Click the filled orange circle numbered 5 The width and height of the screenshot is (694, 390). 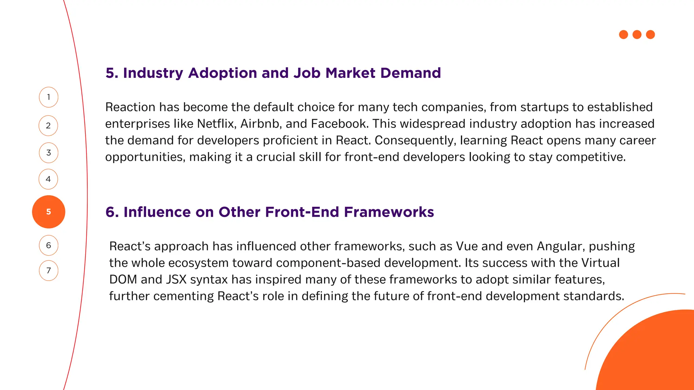(48, 212)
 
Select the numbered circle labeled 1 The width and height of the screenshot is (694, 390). (48, 97)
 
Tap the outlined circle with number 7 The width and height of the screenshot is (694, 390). (48, 270)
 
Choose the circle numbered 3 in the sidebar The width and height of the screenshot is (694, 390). (48, 153)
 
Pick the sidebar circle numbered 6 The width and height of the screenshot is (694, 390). (48, 245)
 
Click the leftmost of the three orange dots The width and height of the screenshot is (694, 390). (624, 35)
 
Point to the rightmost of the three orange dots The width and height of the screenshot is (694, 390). (650, 35)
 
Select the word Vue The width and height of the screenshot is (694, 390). (467, 246)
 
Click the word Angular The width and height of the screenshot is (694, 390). (561, 246)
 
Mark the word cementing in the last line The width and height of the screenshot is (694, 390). (183, 296)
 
